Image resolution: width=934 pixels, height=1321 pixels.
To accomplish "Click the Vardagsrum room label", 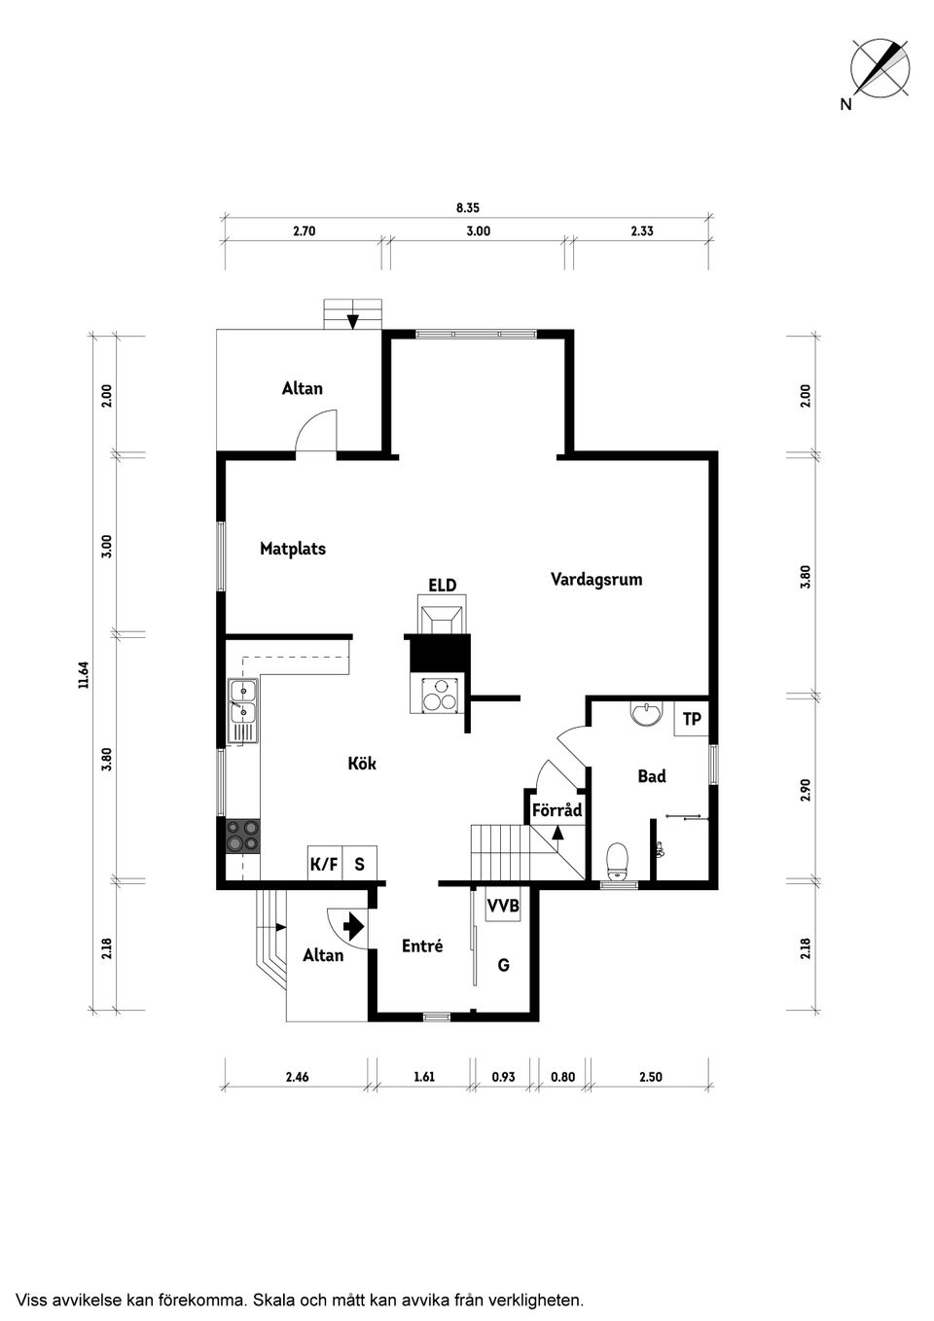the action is (596, 579).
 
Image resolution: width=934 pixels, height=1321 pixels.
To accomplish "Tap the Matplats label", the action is (293, 549).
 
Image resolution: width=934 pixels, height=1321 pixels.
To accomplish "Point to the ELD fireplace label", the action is (443, 585).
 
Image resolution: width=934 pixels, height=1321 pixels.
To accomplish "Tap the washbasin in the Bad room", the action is (647, 713).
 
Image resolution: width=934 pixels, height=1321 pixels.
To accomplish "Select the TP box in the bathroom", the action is (692, 719).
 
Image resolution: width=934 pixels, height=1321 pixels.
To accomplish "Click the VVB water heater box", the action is (503, 905).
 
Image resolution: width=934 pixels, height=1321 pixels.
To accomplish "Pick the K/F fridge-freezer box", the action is (325, 864).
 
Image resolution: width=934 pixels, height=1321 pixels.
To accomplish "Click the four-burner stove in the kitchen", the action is (243, 836).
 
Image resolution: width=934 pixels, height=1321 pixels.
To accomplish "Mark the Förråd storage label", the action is (557, 809).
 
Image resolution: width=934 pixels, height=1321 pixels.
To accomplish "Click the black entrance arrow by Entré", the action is (354, 926).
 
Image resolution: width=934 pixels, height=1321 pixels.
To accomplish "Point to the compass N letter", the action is (846, 104).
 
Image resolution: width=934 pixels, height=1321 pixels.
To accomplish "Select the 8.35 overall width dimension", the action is (468, 208).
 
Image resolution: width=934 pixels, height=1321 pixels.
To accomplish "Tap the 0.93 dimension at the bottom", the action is (503, 1077).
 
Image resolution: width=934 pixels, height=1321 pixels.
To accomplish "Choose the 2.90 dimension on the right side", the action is (806, 790).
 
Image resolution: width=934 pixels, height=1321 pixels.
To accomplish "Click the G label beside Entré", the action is (503, 965).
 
